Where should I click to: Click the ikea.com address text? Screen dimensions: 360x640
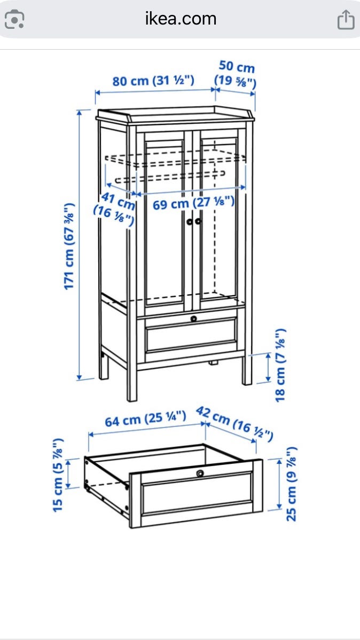tap(181, 19)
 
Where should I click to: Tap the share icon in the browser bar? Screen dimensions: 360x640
tap(345, 20)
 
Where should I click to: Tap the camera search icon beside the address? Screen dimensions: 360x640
tap(14, 20)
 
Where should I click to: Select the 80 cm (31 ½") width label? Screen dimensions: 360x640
tap(153, 81)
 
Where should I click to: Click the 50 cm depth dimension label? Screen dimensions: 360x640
tap(236, 74)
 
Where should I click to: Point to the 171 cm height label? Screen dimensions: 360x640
tap(70, 246)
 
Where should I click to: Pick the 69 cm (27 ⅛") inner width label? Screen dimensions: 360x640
tap(194, 203)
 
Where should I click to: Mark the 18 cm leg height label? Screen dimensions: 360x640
tap(281, 365)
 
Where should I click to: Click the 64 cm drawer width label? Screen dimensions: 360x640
tap(145, 419)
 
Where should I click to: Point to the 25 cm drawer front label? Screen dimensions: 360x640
tap(291, 484)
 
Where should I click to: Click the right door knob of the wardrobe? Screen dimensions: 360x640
tap(199, 221)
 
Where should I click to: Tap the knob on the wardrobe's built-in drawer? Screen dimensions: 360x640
tap(194, 318)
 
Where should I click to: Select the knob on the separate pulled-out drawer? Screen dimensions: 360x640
tap(200, 473)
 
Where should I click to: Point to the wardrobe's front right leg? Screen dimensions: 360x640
tap(247, 368)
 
